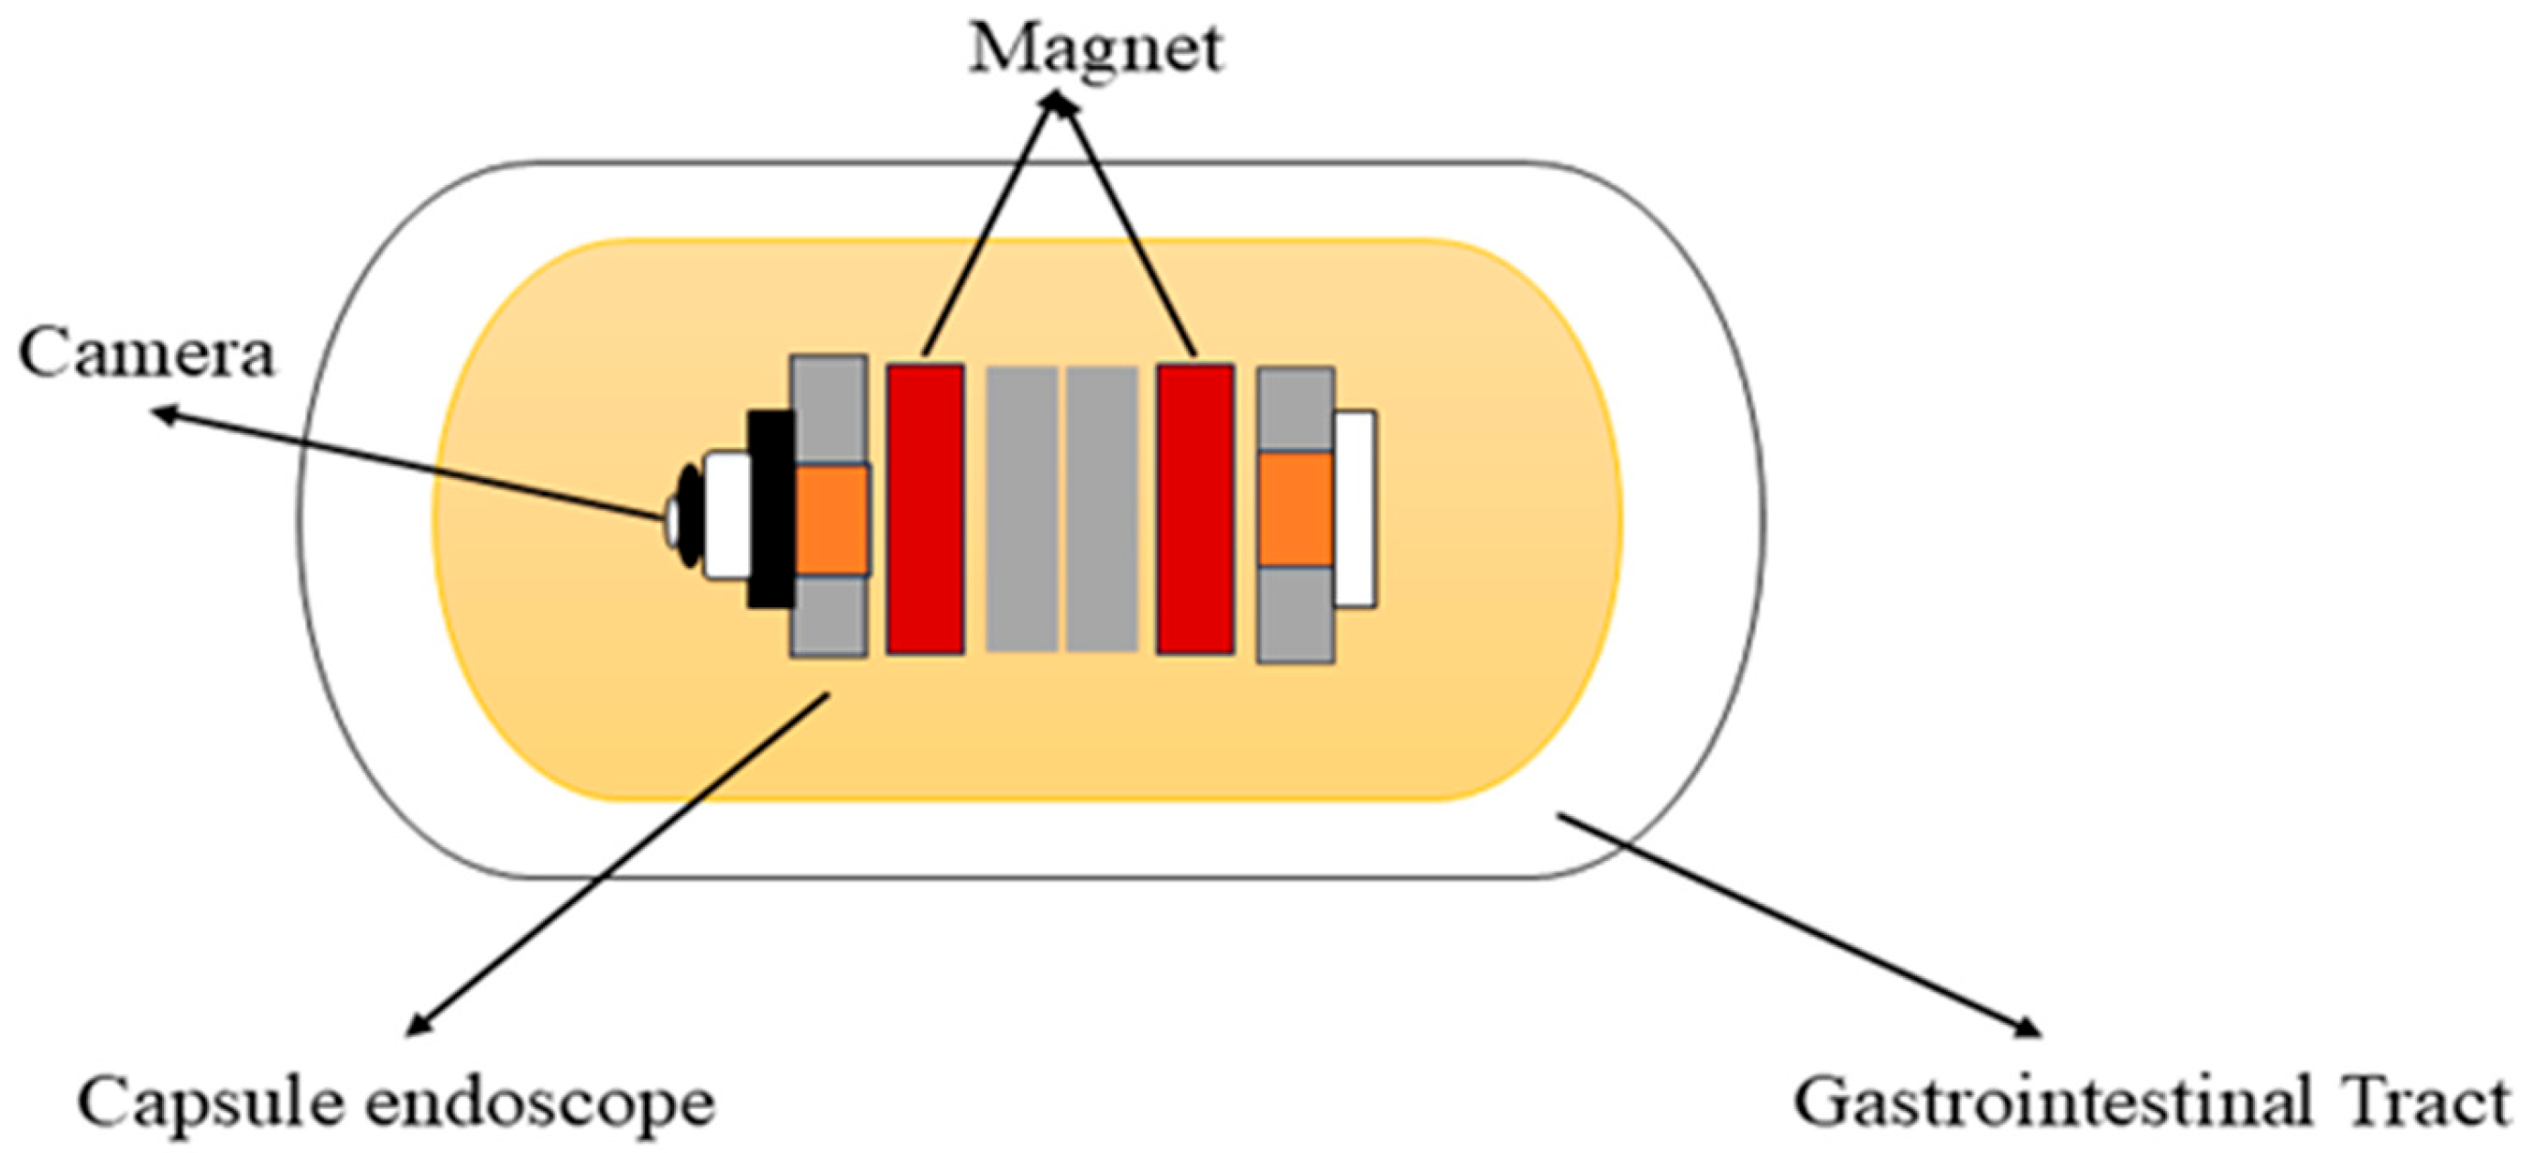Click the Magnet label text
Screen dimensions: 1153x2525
pos(1096,49)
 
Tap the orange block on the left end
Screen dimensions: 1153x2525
pos(832,519)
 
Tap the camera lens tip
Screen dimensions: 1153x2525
pos(672,519)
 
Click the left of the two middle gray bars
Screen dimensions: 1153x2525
pos(1021,508)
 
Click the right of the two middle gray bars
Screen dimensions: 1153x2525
pos(1102,508)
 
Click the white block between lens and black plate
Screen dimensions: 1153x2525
pos(726,516)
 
